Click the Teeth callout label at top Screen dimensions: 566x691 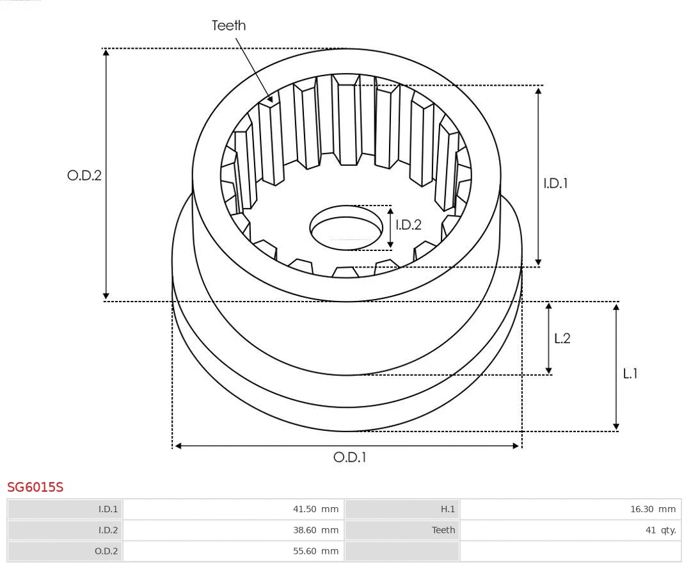coord(228,25)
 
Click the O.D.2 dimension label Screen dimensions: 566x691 coord(84,175)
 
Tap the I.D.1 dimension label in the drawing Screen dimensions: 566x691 coord(555,183)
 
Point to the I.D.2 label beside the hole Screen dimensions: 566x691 coord(408,225)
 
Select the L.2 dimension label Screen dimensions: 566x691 coord(562,338)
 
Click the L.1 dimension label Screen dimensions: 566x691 coord(630,373)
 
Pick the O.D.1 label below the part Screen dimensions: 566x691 coord(349,457)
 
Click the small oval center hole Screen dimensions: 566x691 coord(345,227)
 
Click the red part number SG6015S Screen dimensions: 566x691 coord(35,487)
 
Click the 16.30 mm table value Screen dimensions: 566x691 coord(653,510)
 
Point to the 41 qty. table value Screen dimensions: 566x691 coord(660,530)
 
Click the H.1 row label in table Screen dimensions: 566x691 coord(447,510)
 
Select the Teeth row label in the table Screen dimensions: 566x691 coord(443,530)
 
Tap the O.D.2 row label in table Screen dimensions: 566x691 coord(106,551)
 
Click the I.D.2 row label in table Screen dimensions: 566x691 coord(107,530)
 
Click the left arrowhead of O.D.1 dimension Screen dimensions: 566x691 coord(179,446)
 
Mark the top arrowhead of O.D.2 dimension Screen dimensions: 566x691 coord(106,53)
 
